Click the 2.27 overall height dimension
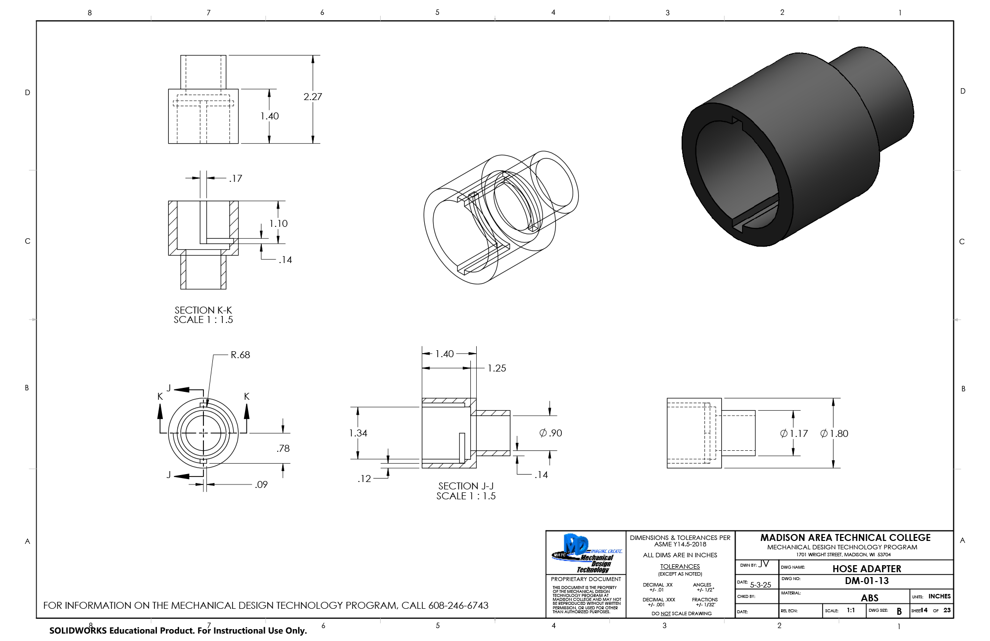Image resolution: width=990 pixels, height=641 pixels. coord(312,97)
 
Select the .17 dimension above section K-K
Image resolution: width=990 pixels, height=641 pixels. coord(236,178)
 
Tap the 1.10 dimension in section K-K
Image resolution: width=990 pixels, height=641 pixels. coord(278,223)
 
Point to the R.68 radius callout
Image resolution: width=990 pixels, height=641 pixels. coord(240,355)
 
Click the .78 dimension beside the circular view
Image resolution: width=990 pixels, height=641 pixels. coord(283,448)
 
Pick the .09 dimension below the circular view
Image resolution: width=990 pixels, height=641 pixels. coord(261,484)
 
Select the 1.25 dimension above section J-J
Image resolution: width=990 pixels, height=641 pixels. coord(496,368)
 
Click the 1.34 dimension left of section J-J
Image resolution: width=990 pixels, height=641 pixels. coord(358,433)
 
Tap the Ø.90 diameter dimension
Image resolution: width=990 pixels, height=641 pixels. coord(550,433)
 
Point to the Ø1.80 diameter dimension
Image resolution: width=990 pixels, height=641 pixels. coord(835,433)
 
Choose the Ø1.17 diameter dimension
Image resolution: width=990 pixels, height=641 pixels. coord(794,433)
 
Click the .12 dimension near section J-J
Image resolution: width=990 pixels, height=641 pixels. coord(364,479)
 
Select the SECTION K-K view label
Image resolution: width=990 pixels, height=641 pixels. coord(203,310)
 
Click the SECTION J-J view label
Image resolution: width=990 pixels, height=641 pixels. coord(466,486)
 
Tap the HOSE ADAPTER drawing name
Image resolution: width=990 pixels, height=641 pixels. coord(866,569)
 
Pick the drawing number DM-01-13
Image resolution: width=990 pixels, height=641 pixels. coord(866,581)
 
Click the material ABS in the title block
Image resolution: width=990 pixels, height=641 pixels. coord(869,598)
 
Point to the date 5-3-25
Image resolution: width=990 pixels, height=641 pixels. coord(760,585)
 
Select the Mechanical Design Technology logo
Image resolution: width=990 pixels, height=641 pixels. coord(586,553)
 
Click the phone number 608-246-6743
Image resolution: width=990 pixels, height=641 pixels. coord(458,605)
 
